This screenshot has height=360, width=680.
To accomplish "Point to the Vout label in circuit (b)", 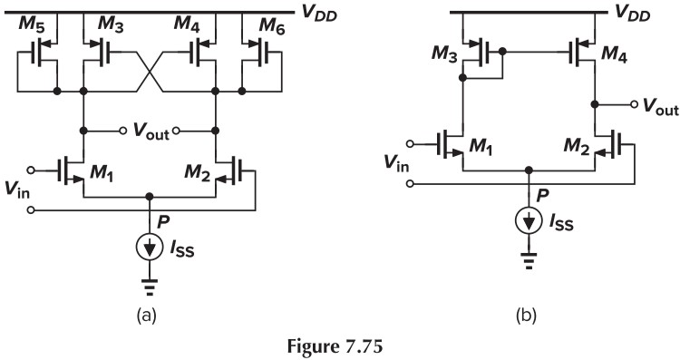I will tap(654, 106).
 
